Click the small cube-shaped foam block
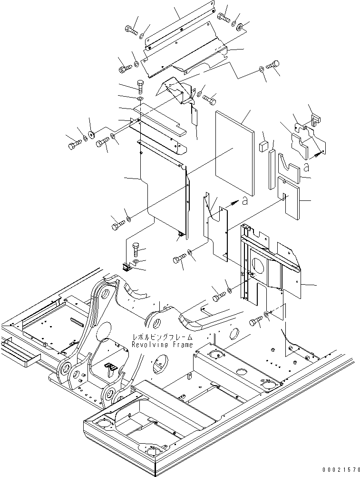(x=264, y=146)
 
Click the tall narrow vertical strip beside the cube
(x=272, y=169)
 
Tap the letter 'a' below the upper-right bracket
(x=307, y=167)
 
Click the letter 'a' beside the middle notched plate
(x=244, y=201)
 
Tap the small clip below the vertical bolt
(x=126, y=268)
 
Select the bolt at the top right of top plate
(x=223, y=17)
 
